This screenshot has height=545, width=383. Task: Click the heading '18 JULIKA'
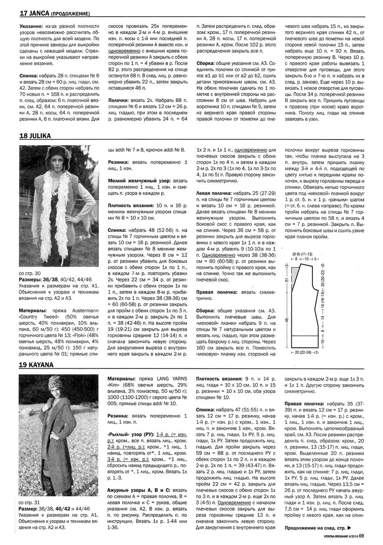[35, 136]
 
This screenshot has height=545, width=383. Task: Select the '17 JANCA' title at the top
[34, 14]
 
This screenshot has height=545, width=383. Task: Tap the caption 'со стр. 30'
[30, 274]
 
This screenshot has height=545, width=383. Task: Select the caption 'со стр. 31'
[30, 503]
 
